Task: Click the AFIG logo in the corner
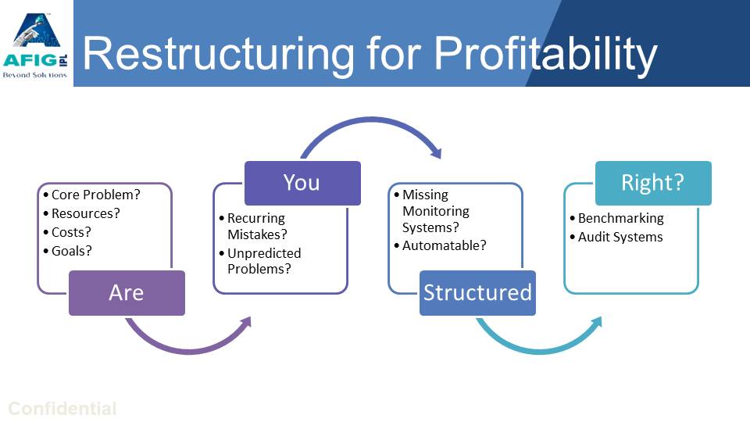click(37, 43)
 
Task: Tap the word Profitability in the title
click(545, 55)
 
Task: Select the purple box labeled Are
click(127, 293)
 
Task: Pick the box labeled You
click(302, 183)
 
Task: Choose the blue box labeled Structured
click(477, 293)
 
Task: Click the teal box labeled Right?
click(653, 183)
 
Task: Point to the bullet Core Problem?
click(96, 195)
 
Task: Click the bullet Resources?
click(86, 213)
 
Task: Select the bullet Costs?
click(71, 232)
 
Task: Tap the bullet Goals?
click(72, 251)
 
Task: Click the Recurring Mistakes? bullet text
click(256, 226)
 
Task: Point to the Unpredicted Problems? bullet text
click(264, 261)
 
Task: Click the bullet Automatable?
click(444, 245)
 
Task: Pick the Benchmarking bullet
click(620, 218)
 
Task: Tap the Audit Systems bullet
click(620, 237)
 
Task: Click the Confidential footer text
click(62, 409)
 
